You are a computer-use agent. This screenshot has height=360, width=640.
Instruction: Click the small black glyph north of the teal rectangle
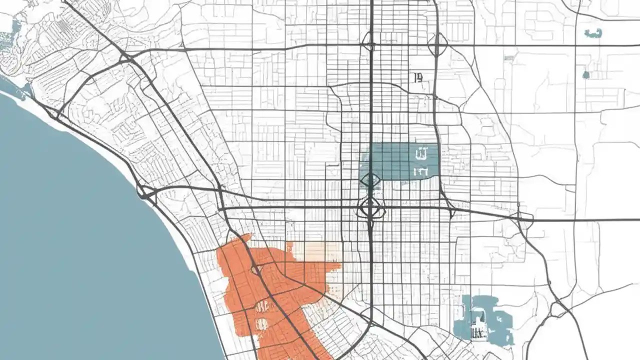pos(418,77)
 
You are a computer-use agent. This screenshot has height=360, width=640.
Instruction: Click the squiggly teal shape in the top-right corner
pos(593,33)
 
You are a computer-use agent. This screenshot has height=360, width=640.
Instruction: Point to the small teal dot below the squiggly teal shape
pos(586,75)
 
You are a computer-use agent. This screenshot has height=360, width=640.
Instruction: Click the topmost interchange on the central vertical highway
pos(369,42)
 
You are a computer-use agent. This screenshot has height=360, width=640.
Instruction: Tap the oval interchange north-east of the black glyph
pos(437,44)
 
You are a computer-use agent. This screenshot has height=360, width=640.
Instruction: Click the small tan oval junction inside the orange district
pos(256,270)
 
